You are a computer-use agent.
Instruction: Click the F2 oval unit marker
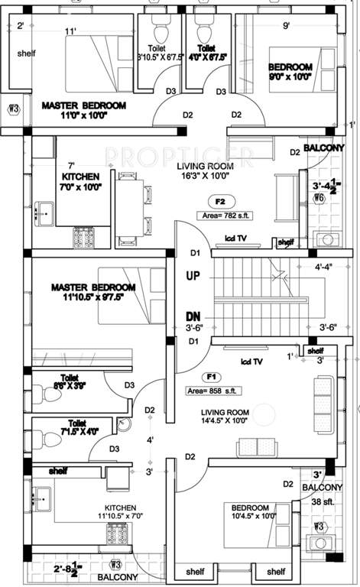pos(219,203)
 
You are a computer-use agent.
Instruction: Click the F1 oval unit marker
pos(209,377)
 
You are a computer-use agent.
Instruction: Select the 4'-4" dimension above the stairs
pos(329,267)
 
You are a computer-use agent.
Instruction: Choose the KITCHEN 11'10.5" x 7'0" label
pos(122,512)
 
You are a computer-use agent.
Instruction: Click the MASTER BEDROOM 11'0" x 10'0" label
pos(84,110)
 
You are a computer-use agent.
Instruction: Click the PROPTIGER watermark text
pos(179,157)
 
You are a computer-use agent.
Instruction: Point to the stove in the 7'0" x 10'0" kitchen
pos(82,237)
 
